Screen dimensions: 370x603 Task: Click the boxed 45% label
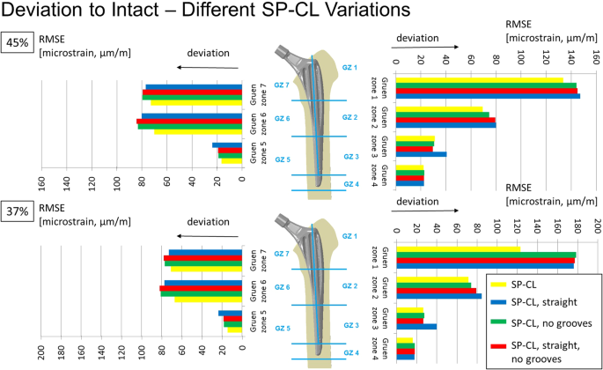[18, 42]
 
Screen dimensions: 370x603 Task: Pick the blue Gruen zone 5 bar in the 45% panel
[227, 145]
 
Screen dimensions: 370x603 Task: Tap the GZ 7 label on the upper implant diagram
[282, 84]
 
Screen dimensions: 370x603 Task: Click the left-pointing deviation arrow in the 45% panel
[207, 67]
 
